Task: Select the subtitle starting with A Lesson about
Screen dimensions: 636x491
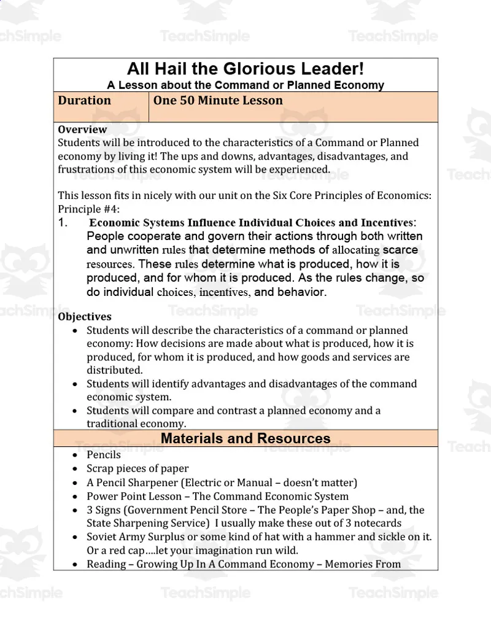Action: pos(245,85)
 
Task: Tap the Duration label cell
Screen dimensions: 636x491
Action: pos(85,101)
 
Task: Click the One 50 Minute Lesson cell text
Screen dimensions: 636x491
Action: pos(218,101)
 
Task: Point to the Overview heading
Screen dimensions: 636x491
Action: pos(82,130)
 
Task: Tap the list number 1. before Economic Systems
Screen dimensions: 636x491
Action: pos(63,223)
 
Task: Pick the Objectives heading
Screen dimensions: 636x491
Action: pos(85,317)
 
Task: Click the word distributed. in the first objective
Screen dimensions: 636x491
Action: pos(114,370)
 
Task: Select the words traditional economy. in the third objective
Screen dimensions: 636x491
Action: pos(136,424)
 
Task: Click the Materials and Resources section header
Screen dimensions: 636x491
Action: pos(245,438)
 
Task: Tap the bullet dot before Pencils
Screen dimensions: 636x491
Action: pos(74,456)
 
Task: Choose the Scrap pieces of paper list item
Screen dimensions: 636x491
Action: pos(137,468)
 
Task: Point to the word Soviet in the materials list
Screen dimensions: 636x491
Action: pos(102,537)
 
